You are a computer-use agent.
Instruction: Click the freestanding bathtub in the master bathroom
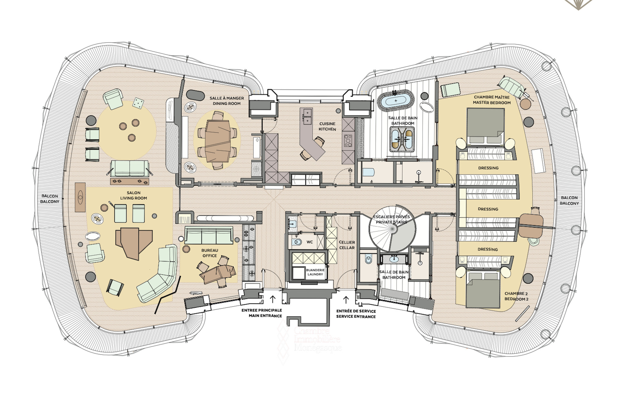[x=396, y=101]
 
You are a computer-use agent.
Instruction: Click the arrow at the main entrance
[x=272, y=299]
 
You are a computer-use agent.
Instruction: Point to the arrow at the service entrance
[x=346, y=300]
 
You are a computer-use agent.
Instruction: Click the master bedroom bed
[x=485, y=126]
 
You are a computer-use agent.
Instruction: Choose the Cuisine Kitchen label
[x=327, y=126]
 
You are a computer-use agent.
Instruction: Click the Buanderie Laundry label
[x=315, y=272]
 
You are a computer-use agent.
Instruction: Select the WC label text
[x=309, y=242]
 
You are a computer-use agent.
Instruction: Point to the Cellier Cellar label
[x=347, y=245]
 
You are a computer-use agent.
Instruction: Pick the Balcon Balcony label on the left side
[x=50, y=199]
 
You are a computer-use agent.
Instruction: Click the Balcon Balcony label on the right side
[x=569, y=200]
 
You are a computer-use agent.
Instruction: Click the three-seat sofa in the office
[x=209, y=235]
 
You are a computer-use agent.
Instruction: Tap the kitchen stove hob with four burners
[x=348, y=141]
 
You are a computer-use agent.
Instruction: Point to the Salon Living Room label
[x=133, y=195]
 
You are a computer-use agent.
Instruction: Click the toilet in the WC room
[x=297, y=242]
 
